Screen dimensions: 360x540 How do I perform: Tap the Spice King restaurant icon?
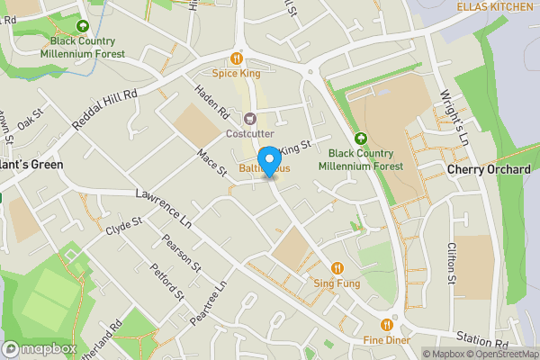[x=238, y=56]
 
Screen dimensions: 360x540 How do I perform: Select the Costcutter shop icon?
[x=250, y=118]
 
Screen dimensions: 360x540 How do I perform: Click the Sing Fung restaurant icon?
[x=337, y=267]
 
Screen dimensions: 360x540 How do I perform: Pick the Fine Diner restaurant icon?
[x=387, y=324]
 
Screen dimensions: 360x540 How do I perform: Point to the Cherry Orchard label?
[x=489, y=170]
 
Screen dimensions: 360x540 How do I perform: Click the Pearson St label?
[x=181, y=253]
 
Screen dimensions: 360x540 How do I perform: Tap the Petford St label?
[x=167, y=281]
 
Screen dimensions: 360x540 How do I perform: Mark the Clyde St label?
[x=124, y=225]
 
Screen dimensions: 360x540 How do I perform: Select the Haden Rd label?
[x=212, y=101]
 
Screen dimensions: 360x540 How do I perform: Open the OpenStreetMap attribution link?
[x=500, y=353]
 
